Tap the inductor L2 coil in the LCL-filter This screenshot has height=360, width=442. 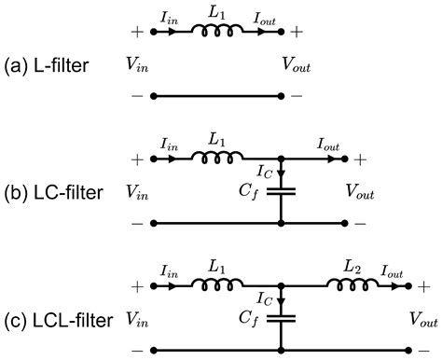point(350,285)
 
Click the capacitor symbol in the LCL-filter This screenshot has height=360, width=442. point(281,317)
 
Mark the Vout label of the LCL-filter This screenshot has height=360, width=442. point(424,319)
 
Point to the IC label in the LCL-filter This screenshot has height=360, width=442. point(263,298)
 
